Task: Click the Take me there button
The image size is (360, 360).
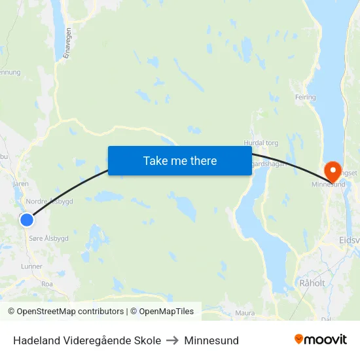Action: [179, 160]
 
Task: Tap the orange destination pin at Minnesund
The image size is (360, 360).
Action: [333, 171]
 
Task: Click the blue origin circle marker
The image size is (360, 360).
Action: [27, 220]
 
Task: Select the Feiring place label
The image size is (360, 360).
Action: [305, 98]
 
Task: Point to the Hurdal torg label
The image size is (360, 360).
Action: [261, 143]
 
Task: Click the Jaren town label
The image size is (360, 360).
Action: [20, 184]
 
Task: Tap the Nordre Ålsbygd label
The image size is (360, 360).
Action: [49, 202]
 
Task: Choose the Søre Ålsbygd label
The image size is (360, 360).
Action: [49, 238]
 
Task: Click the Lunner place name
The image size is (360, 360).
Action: [31, 266]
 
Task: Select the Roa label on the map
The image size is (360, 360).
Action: [47, 284]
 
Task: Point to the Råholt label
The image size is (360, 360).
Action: [312, 283]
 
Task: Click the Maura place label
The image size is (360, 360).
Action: [245, 313]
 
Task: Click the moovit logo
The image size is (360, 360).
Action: [321, 340]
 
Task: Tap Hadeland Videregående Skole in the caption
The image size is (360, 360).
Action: [87, 340]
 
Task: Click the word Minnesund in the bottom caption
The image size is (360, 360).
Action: [211, 340]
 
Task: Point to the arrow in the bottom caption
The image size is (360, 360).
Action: [173, 340]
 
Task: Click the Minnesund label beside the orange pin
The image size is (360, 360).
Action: [328, 185]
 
